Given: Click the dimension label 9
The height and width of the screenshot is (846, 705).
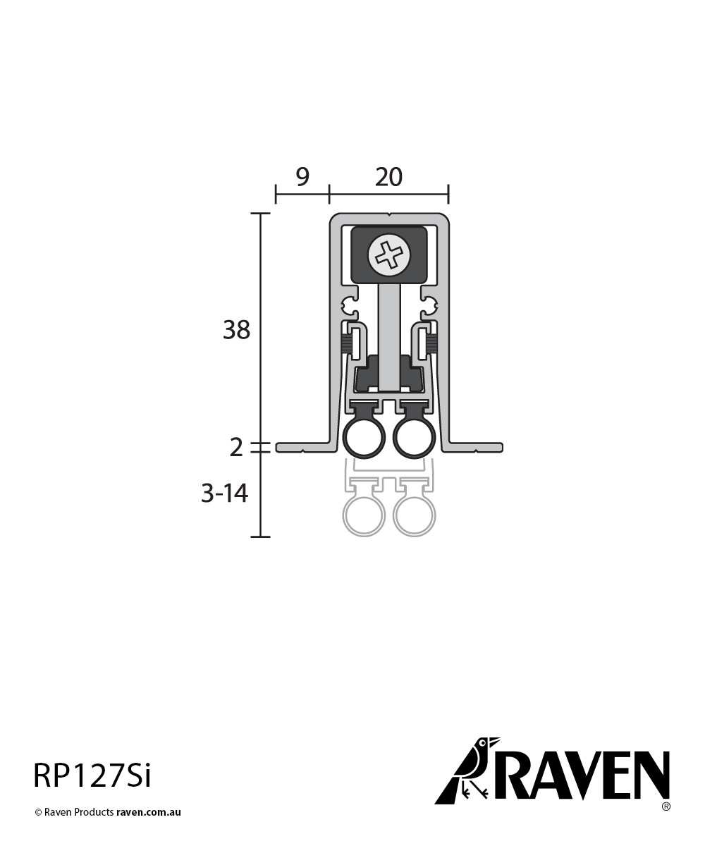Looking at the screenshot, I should pyautogui.click(x=302, y=177).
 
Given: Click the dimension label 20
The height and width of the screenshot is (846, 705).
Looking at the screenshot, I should pyautogui.click(x=388, y=177).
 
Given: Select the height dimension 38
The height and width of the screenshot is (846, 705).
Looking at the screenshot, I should pyautogui.click(x=236, y=329).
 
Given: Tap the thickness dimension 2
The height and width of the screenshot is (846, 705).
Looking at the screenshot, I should pyautogui.click(x=236, y=447).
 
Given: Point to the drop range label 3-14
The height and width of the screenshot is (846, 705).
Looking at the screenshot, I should pyautogui.click(x=224, y=493).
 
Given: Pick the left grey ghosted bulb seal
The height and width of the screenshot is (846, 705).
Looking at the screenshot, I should pyautogui.click(x=364, y=517).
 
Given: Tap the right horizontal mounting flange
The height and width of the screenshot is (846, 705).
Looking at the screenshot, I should pyautogui.click(x=476, y=447).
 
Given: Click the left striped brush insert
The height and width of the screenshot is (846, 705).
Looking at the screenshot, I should pyautogui.click(x=346, y=344).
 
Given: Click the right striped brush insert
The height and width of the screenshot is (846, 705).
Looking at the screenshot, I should pyautogui.click(x=431, y=344).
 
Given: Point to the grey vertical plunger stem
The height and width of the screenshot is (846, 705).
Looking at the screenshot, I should pyautogui.click(x=389, y=331).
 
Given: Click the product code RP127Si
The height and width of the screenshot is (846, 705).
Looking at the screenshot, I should pyautogui.click(x=92, y=775).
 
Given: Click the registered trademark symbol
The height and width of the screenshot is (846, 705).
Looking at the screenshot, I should pyautogui.click(x=666, y=806).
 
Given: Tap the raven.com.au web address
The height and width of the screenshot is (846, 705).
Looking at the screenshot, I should pyautogui.click(x=149, y=812).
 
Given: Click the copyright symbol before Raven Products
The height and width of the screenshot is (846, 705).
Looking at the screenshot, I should pyautogui.click(x=39, y=812).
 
